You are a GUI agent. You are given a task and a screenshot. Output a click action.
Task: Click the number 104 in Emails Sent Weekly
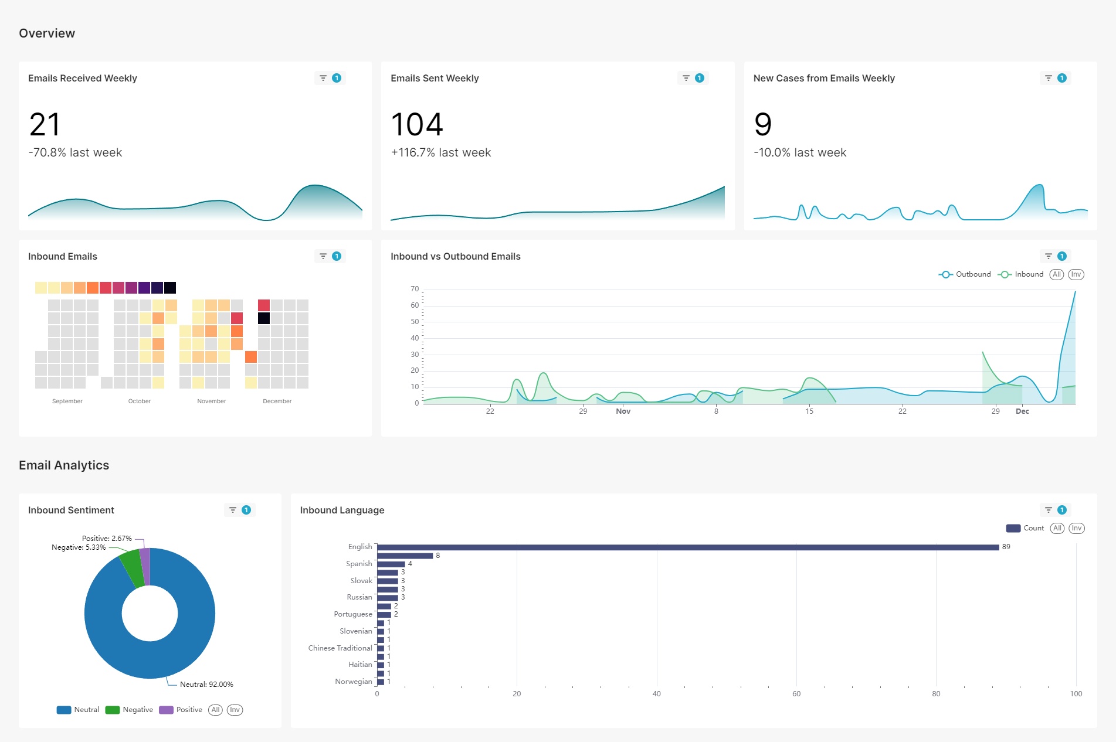(x=417, y=124)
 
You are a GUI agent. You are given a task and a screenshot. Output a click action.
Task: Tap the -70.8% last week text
(x=75, y=152)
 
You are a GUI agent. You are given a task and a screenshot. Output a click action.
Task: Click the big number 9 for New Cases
(x=762, y=124)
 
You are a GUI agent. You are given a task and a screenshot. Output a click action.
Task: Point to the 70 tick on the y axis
(x=415, y=289)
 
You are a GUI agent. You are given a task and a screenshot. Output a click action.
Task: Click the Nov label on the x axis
(x=623, y=411)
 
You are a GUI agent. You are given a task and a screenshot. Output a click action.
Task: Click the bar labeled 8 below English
(x=405, y=556)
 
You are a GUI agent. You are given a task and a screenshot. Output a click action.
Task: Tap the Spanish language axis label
(x=359, y=564)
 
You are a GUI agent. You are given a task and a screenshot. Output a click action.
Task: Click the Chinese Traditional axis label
(x=340, y=648)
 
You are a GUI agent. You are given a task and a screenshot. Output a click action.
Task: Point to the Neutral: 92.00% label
(x=206, y=685)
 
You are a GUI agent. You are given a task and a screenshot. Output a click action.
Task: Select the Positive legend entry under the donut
(x=181, y=710)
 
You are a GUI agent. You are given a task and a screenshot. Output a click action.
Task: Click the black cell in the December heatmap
(x=264, y=318)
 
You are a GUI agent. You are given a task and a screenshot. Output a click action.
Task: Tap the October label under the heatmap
(x=140, y=401)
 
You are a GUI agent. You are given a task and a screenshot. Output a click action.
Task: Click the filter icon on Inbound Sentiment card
(x=233, y=510)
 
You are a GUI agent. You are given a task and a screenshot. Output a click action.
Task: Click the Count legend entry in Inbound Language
(x=1025, y=528)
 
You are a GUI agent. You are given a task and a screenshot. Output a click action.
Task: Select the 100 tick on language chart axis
(x=1076, y=694)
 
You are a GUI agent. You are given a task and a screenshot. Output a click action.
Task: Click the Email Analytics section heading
(x=64, y=465)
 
